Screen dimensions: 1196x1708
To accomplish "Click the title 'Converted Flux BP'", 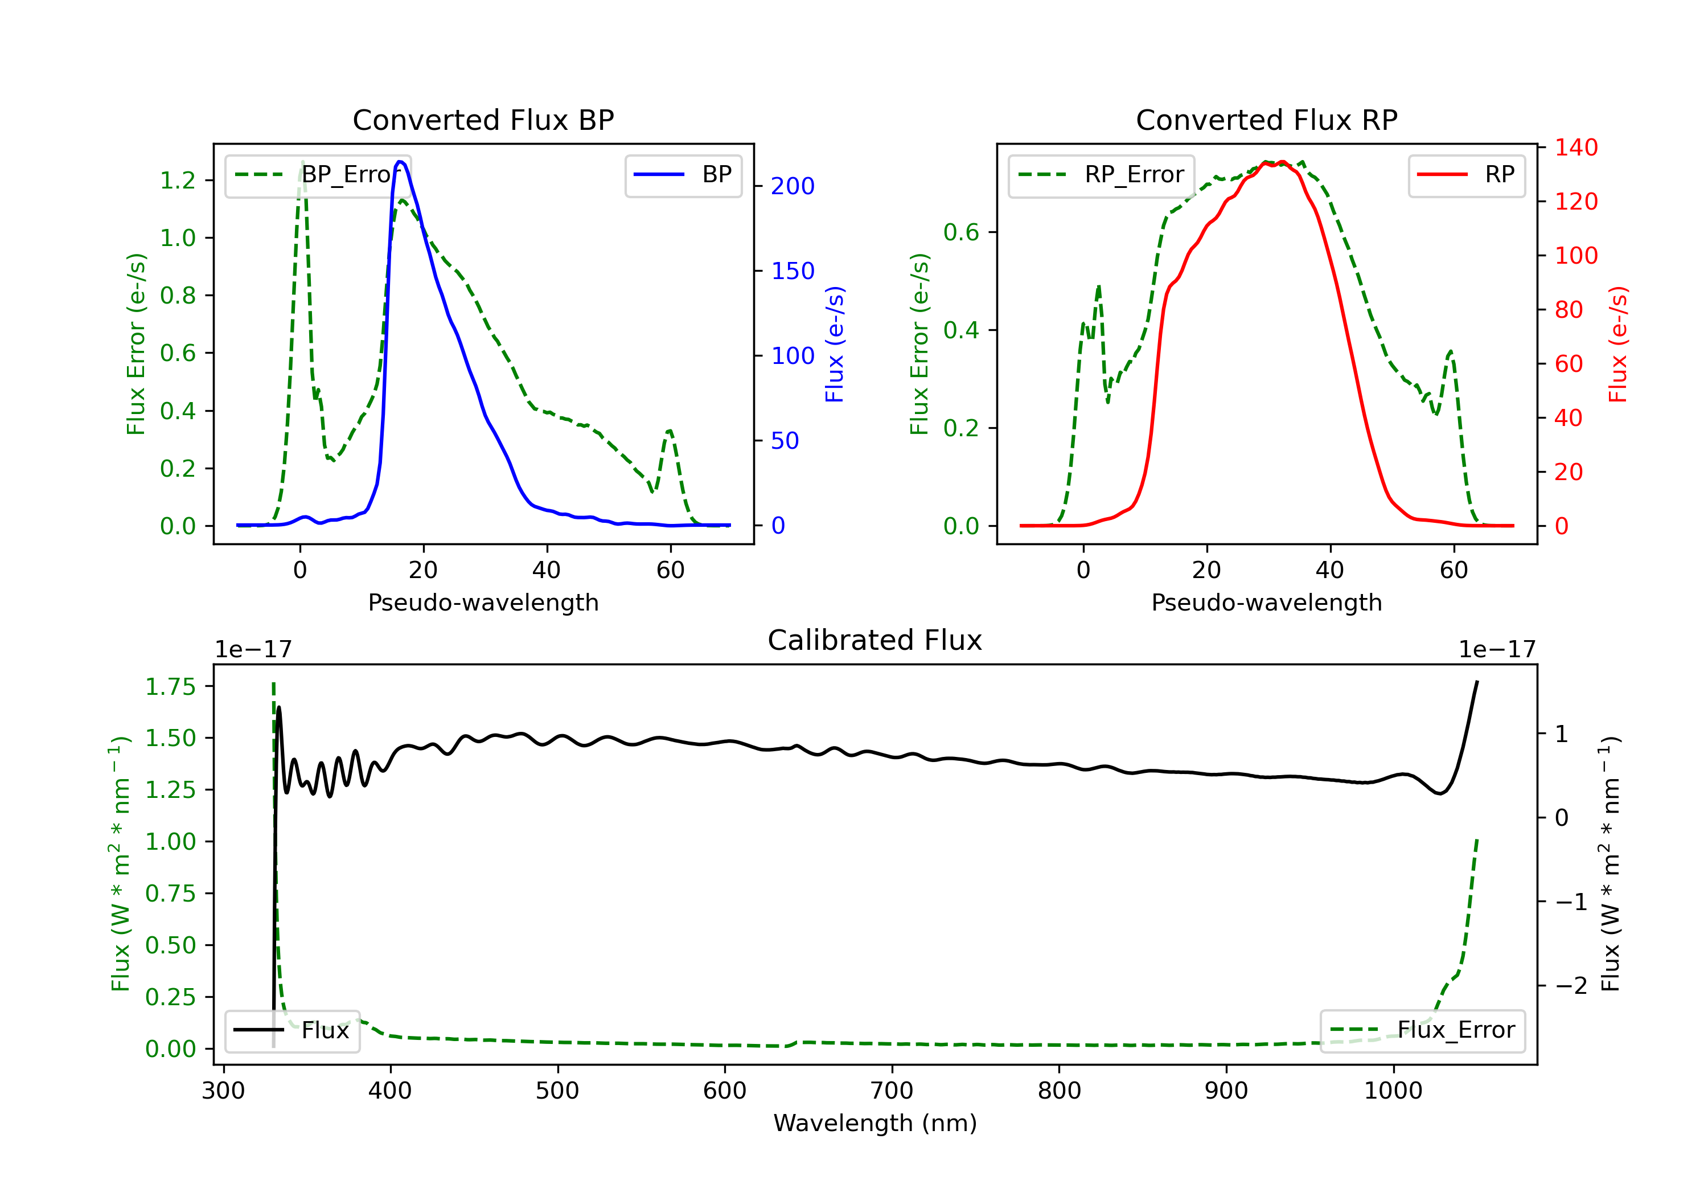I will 483,120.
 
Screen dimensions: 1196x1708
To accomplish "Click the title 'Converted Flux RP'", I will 1266,120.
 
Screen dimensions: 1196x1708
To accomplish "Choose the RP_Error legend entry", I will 1101,175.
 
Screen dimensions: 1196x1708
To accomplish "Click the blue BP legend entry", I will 683,175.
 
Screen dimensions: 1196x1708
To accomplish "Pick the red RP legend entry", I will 1465,175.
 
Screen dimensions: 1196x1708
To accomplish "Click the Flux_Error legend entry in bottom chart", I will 1422,1030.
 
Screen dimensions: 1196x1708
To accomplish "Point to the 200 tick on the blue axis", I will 793,186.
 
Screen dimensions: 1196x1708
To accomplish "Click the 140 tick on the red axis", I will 1575,148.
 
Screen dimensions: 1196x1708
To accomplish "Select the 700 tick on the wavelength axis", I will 892,1091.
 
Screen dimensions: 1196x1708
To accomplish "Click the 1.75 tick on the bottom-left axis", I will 170,686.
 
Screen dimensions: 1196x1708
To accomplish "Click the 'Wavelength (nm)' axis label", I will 875,1123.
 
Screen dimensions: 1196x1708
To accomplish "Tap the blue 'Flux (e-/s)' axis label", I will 835,344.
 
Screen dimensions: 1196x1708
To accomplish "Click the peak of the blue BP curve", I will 400,162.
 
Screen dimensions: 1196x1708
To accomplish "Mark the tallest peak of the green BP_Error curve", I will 302,162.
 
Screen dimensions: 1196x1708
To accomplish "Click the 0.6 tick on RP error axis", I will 961,232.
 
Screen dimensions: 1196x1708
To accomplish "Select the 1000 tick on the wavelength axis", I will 1393,1091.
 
